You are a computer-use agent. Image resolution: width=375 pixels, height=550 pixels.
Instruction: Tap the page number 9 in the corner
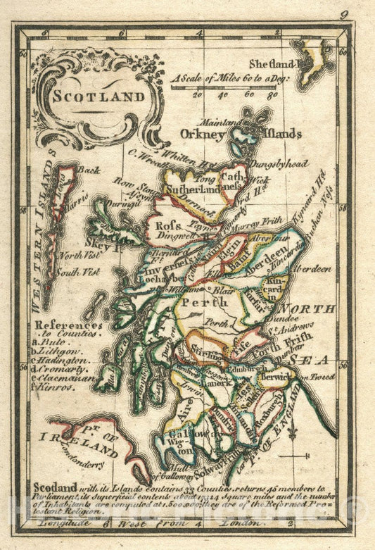coord(343,13)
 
